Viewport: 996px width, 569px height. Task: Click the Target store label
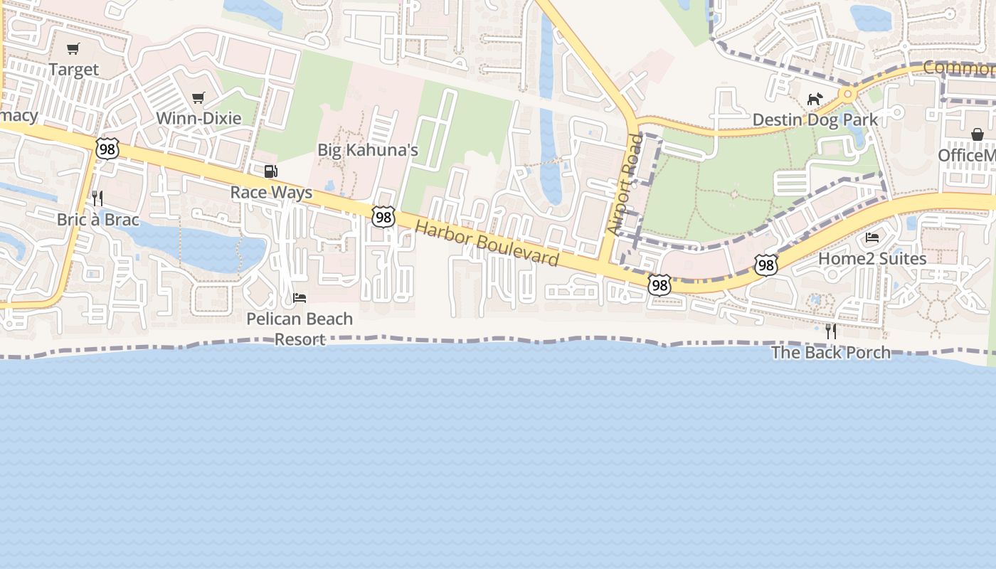[74, 70]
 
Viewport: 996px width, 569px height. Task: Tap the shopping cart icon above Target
[73, 49]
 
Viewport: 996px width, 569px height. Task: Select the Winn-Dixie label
[198, 118]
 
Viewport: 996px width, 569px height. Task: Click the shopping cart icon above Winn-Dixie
[198, 97]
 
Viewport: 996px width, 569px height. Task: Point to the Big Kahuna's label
[367, 150]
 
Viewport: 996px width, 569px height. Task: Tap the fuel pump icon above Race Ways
[270, 171]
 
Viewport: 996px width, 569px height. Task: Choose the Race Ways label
[271, 193]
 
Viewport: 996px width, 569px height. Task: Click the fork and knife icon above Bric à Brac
[98, 198]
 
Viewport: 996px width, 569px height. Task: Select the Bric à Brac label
[98, 219]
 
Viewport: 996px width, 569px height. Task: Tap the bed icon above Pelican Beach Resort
[300, 297]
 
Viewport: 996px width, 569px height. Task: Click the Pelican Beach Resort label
[300, 329]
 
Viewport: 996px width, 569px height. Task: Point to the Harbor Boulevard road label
[487, 243]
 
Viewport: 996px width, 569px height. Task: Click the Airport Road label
[624, 185]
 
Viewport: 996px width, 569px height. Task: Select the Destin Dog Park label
[815, 119]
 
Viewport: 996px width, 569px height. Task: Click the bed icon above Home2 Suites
[872, 238]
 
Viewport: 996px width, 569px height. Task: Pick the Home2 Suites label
[872, 258]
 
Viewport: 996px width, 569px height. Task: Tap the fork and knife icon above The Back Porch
[830, 331]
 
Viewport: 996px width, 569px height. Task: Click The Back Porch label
[830, 352]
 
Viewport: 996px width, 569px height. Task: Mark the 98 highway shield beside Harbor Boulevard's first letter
[383, 217]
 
